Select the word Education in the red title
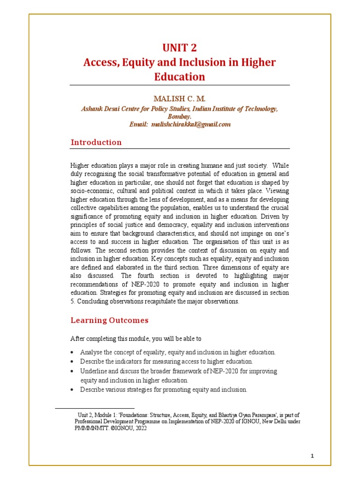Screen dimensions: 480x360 click(x=180, y=76)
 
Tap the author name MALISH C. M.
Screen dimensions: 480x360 click(x=180, y=99)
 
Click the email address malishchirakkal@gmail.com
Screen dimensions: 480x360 click(x=192, y=124)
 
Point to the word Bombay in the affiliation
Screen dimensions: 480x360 click(x=180, y=116)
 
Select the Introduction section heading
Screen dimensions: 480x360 click(x=96, y=142)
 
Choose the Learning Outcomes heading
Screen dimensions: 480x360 click(x=109, y=320)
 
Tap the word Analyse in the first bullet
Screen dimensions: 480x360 click(x=91, y=352)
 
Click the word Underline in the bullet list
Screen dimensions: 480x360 click(x=94, y=371)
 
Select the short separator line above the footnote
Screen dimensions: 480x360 click(x=95, y=408)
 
